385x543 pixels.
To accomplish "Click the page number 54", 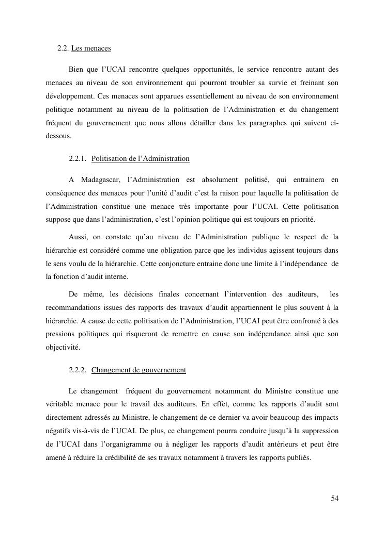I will [334, 498].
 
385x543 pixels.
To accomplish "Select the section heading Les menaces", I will [91, 49].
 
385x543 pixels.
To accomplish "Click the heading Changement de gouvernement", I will [138, 370].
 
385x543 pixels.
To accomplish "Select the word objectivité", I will [63, 348].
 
